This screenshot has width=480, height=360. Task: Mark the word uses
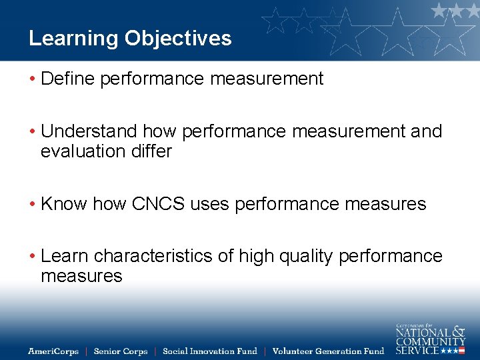[x=210, y=204]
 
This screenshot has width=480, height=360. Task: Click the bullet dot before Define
[x=32, y=79]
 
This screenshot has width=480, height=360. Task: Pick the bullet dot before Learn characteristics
[x=32, y=257]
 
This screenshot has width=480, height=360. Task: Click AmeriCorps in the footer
[x=53, y=351]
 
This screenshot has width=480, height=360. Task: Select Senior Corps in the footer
[x=121, y=351]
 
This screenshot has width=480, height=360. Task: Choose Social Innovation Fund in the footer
[x=209, y=351]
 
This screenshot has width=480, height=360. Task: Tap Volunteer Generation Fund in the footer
[x=328, y=351]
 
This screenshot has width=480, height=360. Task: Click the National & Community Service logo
[x=430, y=339]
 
